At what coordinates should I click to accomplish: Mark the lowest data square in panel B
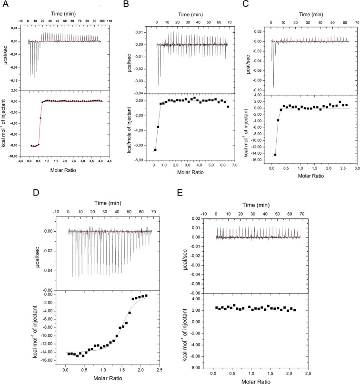155,150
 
